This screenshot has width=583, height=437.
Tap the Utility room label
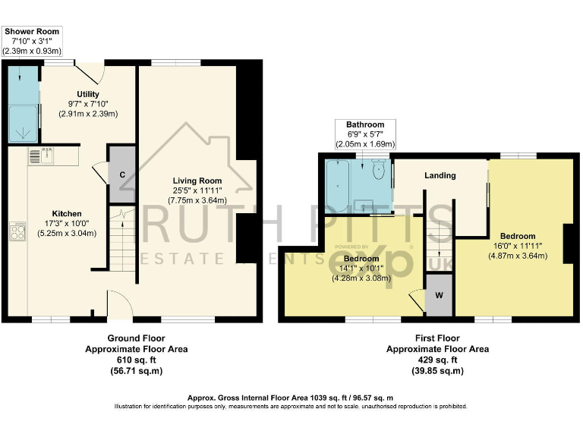88,94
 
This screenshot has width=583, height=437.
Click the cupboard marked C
121,174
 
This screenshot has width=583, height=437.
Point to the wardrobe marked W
439,294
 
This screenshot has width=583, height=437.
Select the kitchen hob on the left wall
17,231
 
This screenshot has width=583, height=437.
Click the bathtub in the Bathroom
338,185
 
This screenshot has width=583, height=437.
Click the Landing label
440,175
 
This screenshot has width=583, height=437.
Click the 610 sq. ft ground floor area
136,360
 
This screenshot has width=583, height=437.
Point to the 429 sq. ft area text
438,360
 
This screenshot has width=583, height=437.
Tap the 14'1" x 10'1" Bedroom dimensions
361,268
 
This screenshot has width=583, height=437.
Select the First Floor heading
438,338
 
